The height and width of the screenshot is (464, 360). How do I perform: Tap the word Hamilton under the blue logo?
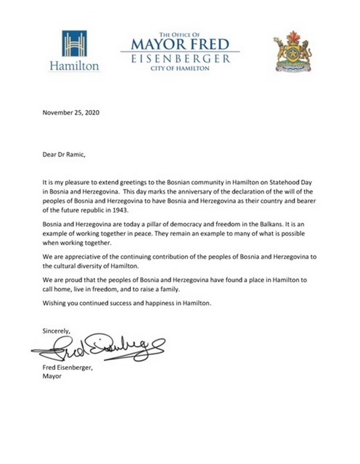(x=75, y=66)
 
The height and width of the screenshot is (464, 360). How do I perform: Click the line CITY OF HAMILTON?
(x=180, y=68)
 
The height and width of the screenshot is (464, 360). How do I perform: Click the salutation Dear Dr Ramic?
(x=66, y=153)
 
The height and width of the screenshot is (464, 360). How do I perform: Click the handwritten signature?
(x=98, y=349)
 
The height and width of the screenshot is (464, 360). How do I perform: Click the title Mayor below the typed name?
(x=52, y=377)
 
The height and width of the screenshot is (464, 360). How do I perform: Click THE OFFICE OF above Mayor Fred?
(x=179, y=33)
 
